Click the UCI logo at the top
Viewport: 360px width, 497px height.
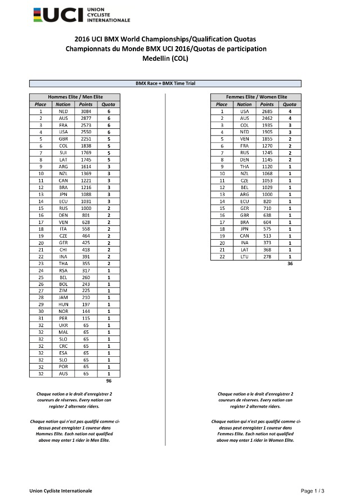click(82, 15)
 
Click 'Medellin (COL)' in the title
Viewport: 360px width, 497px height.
click(165, 58)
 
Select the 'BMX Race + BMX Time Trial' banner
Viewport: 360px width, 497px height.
click(165, 83)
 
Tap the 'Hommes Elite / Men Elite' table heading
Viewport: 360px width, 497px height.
click(75, 97)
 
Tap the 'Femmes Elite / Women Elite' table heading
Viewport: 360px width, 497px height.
click(256, 97)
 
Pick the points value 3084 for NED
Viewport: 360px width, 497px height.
click(85, 111)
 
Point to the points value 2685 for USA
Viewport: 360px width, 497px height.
click(267, 111)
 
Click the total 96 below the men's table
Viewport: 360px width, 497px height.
click(109, 381)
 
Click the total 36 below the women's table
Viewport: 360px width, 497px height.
click(290, 263)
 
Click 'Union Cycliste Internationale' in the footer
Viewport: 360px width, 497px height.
click(61, 491)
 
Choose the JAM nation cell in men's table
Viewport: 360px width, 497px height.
click(63, 297)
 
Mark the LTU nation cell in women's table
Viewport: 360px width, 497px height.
click(244, 257)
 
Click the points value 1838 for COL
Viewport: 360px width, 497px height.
click(85, 146)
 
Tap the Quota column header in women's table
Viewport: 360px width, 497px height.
click(290, 104)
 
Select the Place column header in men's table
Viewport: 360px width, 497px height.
click(40, 104)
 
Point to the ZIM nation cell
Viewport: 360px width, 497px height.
click(63, 290)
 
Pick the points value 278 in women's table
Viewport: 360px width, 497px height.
click(267, 257)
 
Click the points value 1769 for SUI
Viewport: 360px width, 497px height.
click(85, 153)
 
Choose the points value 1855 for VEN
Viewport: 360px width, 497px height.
click(267, 138)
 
